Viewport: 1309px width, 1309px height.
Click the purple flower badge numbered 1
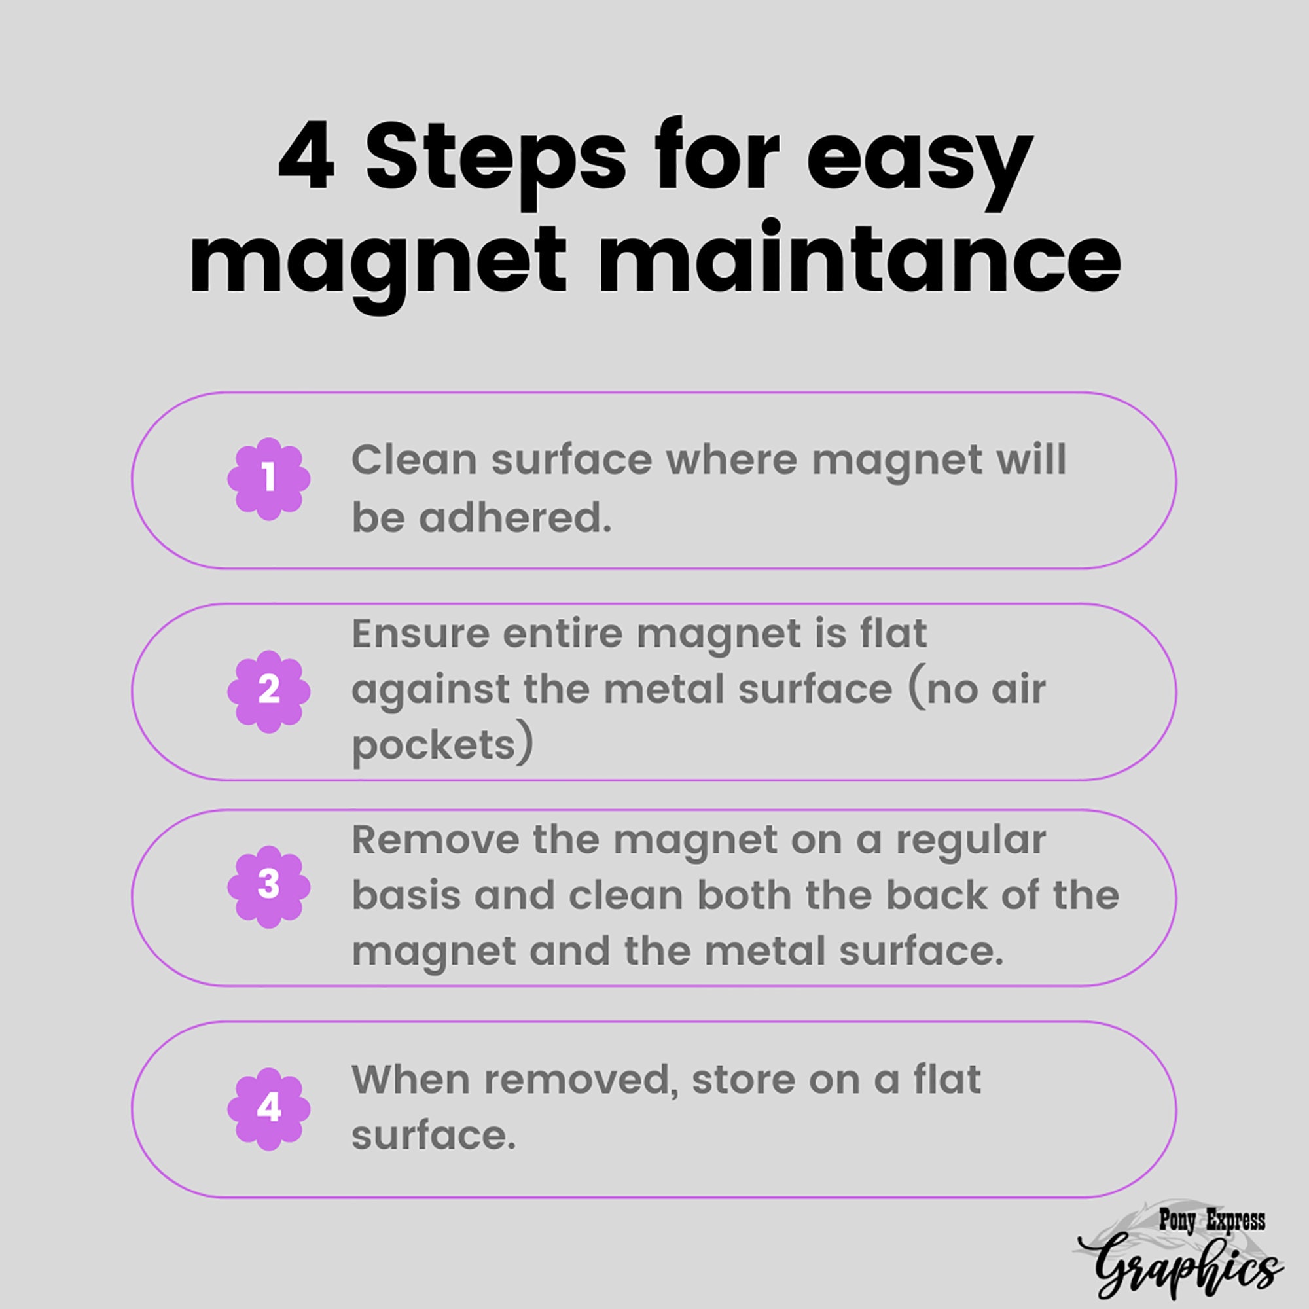click(x=269, y=479)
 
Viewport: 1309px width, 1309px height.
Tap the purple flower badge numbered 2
click(x=269, y=691)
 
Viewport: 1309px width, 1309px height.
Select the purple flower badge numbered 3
click(x=269, y=886)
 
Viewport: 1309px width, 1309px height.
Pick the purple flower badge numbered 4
click(x=269, y=1109)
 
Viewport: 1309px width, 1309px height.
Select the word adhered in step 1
click(x=515, y=518)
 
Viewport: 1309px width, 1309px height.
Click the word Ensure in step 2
click(x=420, y=634)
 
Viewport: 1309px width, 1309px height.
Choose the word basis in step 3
click(x=405, y=896)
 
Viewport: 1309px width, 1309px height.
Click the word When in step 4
click(x=410, y=1079)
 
